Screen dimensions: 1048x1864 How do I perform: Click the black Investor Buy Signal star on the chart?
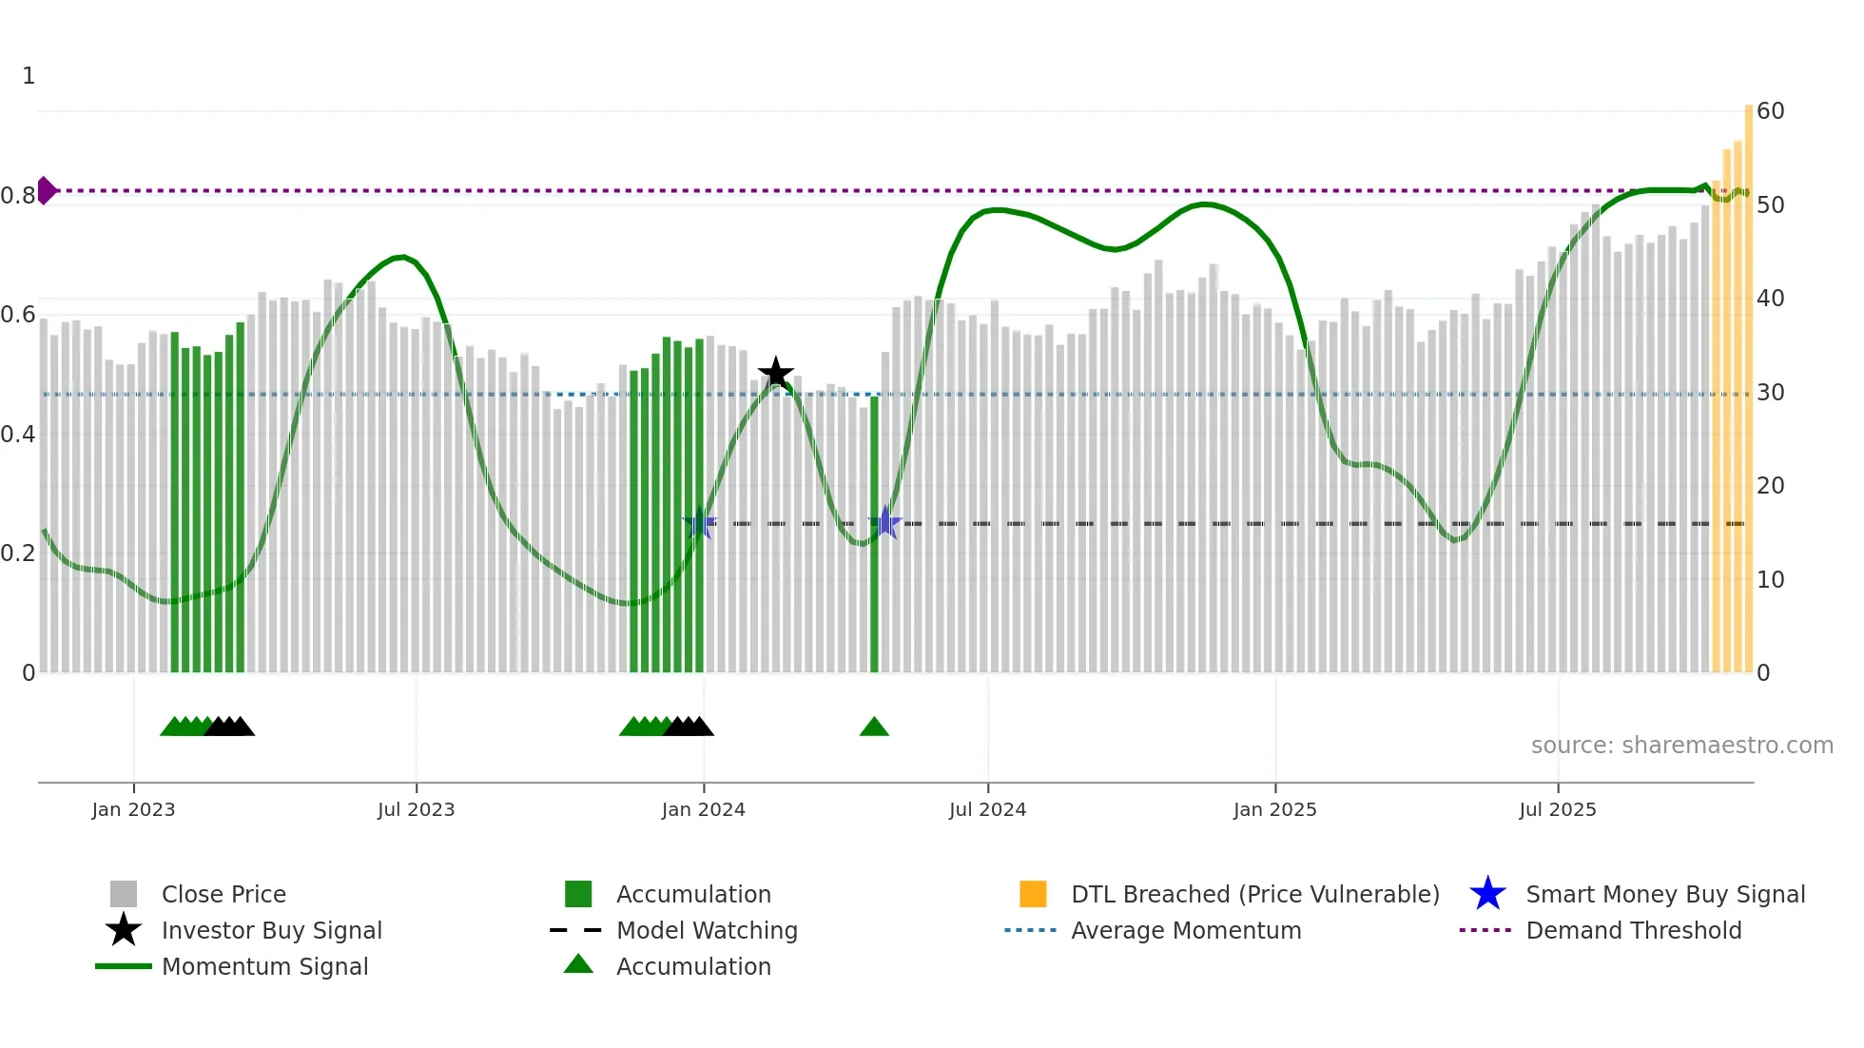(776, 374)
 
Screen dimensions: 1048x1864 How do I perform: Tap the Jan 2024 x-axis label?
(704, 809)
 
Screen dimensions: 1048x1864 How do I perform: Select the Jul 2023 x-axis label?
(416, 809)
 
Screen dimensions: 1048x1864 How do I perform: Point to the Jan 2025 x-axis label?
(1274, 809)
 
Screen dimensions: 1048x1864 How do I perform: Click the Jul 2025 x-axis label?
(1557, 809)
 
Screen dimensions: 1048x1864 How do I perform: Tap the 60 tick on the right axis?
(1770, 111)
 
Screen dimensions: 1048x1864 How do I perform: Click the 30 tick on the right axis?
(1770, 392)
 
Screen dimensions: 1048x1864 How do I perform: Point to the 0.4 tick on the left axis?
(18, 435)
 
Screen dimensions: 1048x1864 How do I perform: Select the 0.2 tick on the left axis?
(18, 553)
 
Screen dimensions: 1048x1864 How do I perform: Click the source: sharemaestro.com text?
(1681, 746)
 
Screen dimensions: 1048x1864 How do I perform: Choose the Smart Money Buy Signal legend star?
(1487, 894)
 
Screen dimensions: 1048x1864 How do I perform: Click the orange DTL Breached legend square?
(1033, 894)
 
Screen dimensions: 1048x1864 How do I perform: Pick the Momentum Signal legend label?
(264, 966)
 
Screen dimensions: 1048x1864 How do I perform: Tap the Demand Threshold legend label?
(1633, 930)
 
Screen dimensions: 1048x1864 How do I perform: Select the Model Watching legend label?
(707, 930)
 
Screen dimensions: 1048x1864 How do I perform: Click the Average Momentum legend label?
(1186, 930)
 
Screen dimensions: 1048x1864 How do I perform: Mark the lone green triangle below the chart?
(874, 728)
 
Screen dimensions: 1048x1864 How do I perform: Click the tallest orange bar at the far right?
(1748, 380)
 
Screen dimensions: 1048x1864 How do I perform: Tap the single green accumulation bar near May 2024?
(874, 533)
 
